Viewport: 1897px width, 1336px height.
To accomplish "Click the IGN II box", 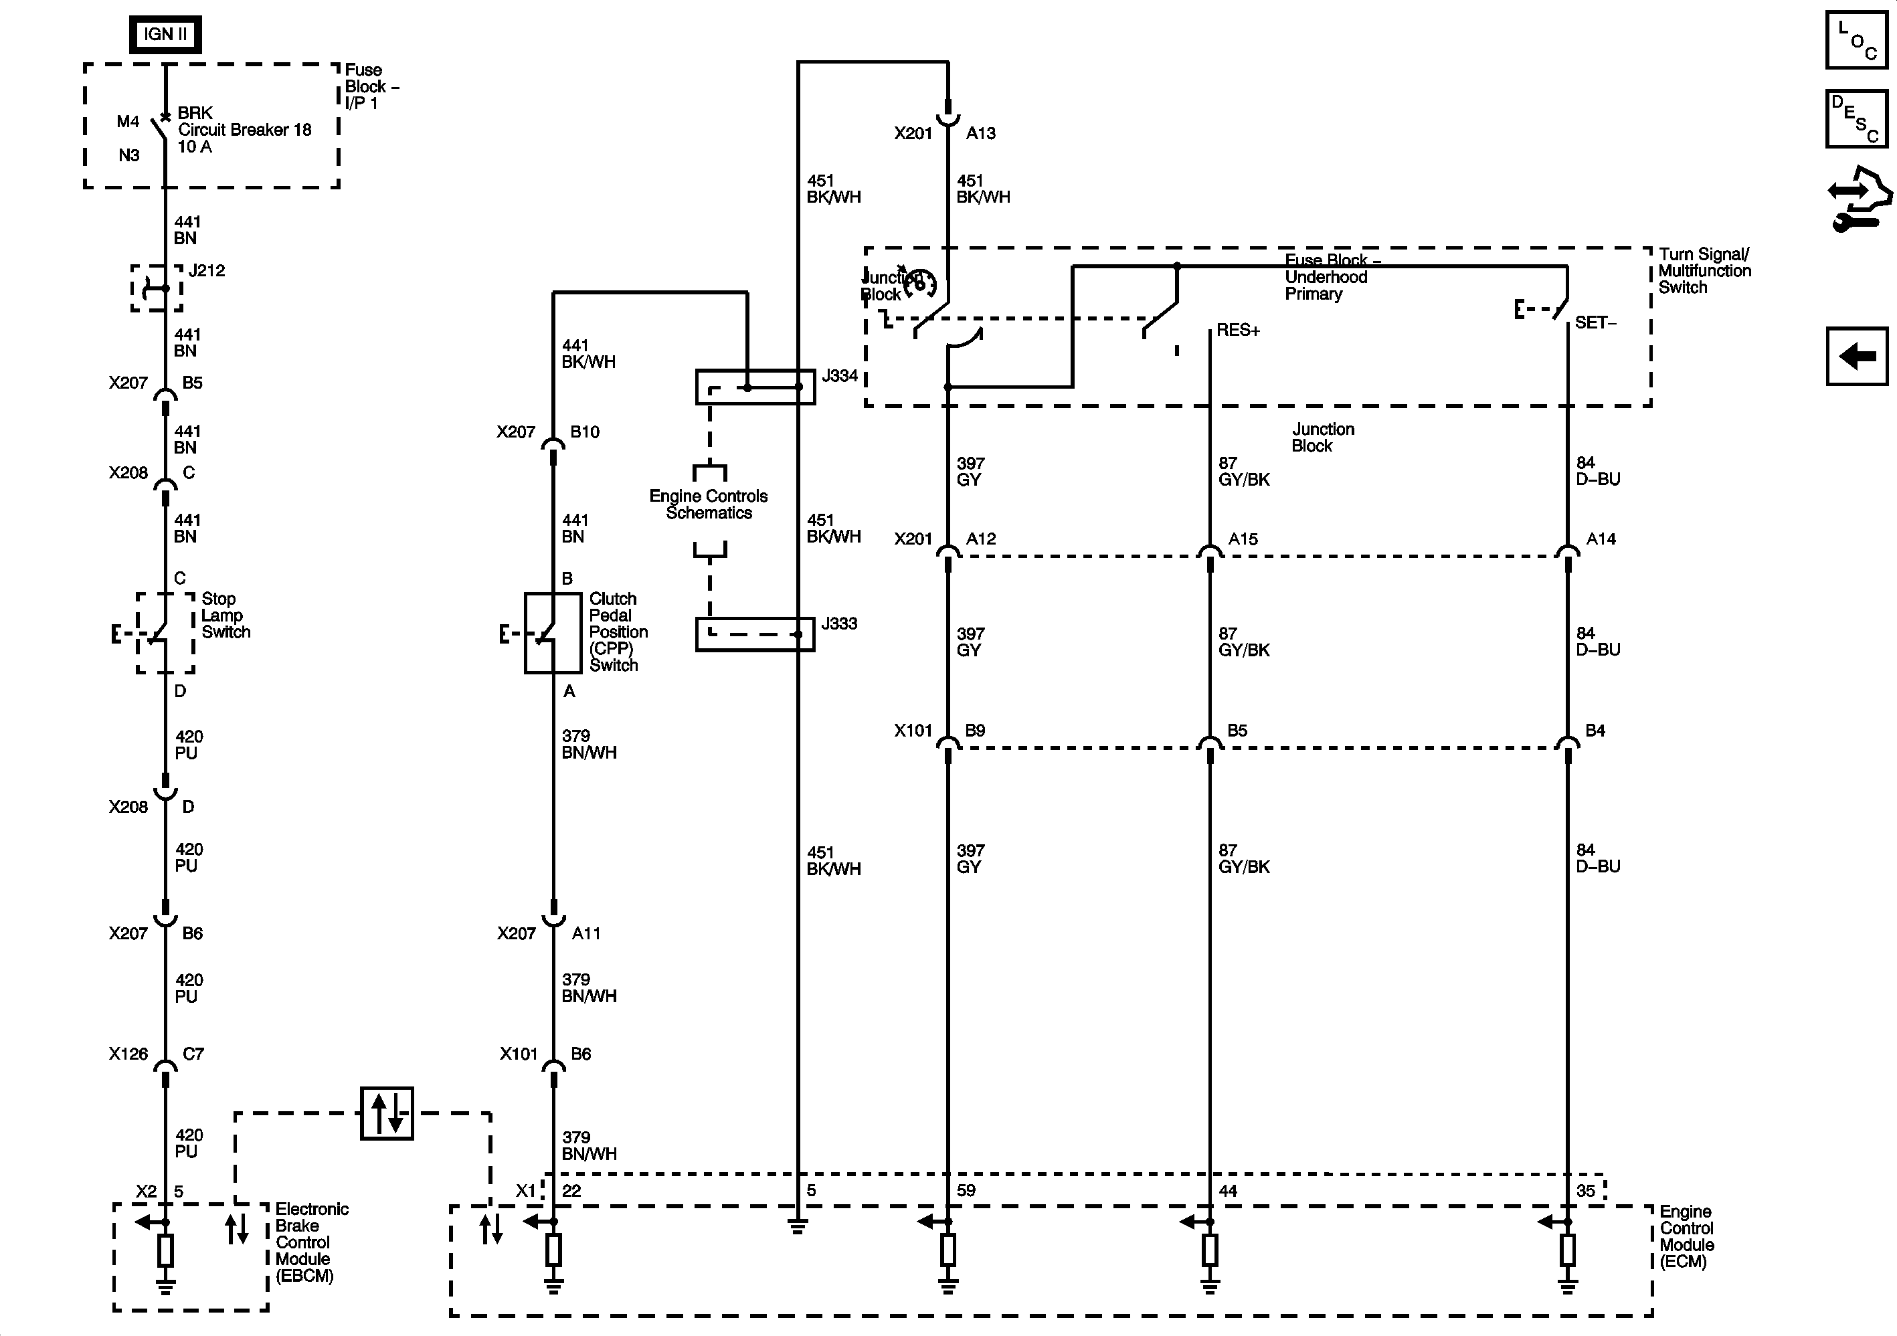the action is pos(165,35).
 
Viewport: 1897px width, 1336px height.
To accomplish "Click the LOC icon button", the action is pos(1856,39).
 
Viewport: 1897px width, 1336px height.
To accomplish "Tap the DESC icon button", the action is pos(1856,119).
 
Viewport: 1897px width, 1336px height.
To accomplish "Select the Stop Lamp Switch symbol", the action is pos(165,633).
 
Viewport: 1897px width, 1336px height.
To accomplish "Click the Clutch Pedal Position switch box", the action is pos(553,633).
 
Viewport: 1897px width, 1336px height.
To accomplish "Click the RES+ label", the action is pos(1238,330).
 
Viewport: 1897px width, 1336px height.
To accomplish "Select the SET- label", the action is pos(1595,323).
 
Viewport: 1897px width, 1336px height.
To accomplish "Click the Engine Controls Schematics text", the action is pos(709,504).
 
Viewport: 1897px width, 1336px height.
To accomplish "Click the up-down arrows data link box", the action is pos(387,1113).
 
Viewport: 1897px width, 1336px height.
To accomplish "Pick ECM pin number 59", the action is pos(966,1191).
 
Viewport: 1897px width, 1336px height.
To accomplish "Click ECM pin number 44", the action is pos(1228,1191).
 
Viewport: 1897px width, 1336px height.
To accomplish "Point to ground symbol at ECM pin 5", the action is pos(798,1226).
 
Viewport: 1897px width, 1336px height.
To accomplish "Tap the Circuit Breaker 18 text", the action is pos(244,130).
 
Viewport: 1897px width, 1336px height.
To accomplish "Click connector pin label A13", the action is pos(981,133).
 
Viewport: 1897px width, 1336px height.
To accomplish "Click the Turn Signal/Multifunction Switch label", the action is pos(1704,271).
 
